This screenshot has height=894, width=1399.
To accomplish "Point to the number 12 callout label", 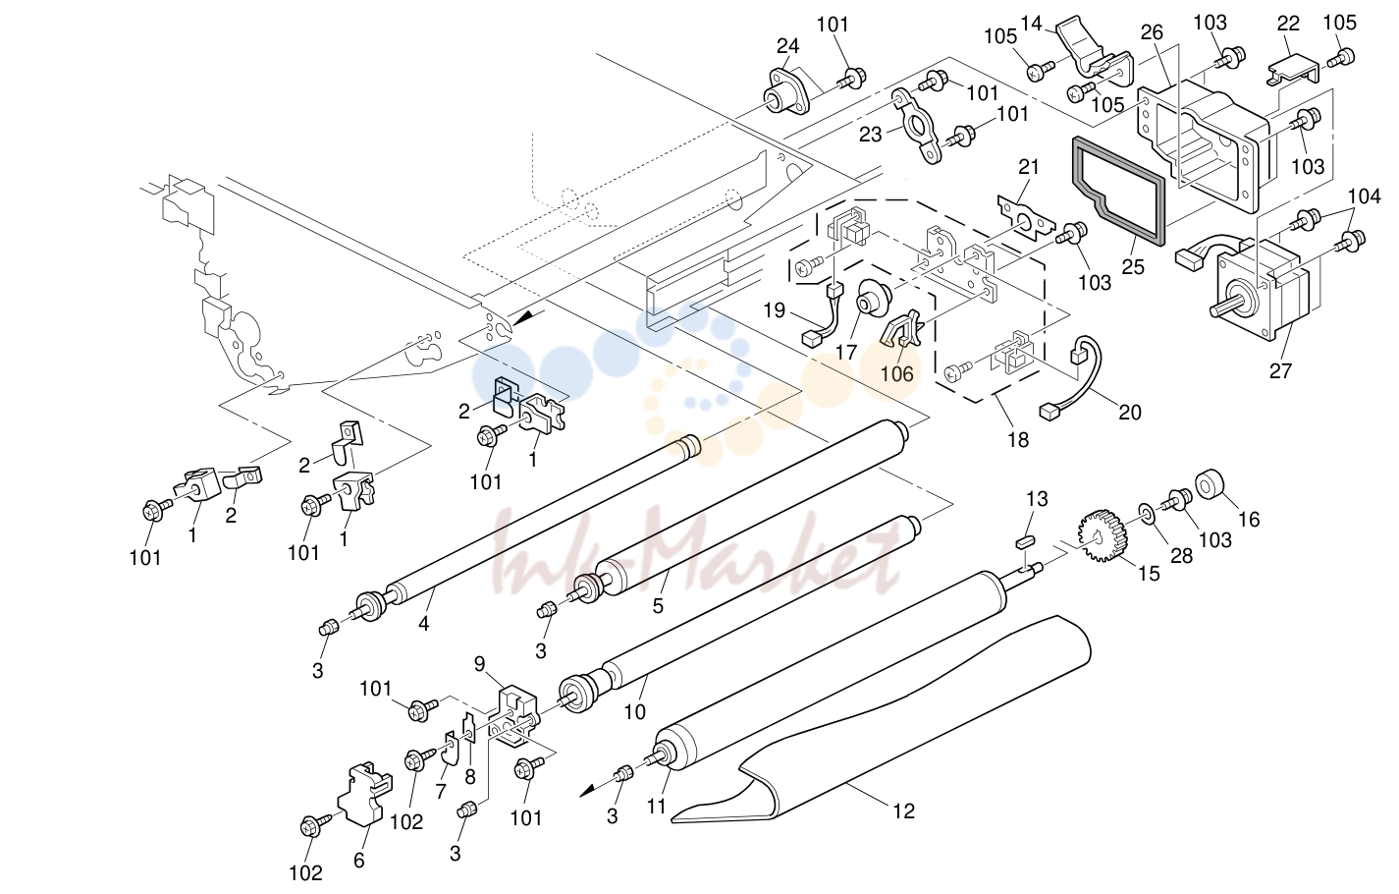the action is [x=904, y=810].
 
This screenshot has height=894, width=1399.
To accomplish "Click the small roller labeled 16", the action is [x=1210, y=484].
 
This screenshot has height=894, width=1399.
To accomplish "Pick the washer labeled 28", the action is [x=1148, y=513].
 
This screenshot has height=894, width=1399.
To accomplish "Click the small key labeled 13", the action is [x=1027, y=540].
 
